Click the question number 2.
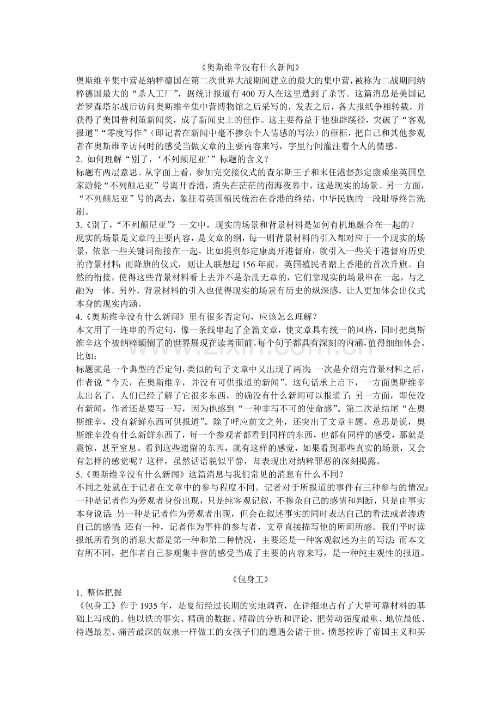coord(80,158)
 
